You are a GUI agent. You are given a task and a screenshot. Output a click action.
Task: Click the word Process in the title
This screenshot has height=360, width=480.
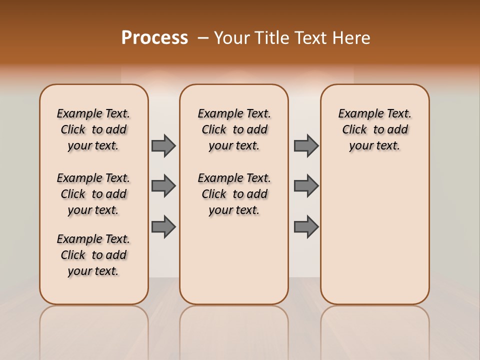pyautogui.click(x=154, y=38)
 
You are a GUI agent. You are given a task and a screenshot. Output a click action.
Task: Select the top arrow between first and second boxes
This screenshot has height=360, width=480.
pyautogui.click(x=163, y=145)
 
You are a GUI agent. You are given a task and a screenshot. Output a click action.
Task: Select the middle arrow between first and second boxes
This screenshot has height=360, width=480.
pyautogui.click(x=163, y=186)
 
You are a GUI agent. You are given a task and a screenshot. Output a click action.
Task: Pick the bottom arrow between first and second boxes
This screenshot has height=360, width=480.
pyautogui.click(x=163, y=226)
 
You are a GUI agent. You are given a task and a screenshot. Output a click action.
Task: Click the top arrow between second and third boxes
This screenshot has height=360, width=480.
pyautogui.click(x=306, y=145)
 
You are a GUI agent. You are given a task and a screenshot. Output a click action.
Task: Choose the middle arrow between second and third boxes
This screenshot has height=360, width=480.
pyautogui.click(x=306, y=186)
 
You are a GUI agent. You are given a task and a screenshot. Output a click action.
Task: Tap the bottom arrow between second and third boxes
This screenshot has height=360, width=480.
pyautogui.click(x=306, y=226)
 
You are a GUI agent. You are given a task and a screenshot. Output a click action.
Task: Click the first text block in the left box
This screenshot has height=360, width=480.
pyautogui.click(x=93, y=129)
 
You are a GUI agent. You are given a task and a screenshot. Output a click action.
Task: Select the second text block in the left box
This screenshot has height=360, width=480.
pyautogui.click(x=93, y=194)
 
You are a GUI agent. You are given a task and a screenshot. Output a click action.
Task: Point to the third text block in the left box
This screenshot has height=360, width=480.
pyautogui.click(x=93, y=255)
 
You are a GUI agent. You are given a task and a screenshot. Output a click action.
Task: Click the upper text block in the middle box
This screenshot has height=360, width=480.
pyautogui.click(x=234, y=129)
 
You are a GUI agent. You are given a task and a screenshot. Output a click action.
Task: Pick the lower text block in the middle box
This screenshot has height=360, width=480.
pyautogui.click(x=234, y=194)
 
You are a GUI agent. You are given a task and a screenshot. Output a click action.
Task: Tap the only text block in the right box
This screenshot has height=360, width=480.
pyautogui.click(x=374, y=129)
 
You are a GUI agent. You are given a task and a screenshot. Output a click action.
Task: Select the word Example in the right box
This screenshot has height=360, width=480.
pyautogui.click(x=356, y=114)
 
